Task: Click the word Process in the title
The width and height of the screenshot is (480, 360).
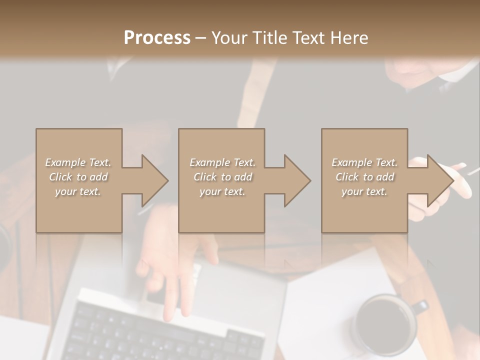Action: click(157, 37)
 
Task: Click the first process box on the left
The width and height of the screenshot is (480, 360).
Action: click(79, 210)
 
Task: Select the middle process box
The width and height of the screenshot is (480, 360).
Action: click(221, 210)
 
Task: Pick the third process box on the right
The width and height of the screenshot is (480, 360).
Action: click(364, 210)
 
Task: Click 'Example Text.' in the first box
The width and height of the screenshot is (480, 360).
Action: click(78, 162)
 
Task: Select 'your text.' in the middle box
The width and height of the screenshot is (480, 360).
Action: click(222, 191)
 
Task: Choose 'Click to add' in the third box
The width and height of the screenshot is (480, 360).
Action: click(365, 177)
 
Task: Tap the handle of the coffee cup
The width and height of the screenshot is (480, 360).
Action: click(421, 306)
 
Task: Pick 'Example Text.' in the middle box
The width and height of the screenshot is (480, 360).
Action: click(222, 162)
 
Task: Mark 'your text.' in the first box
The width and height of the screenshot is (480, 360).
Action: click(78, 191)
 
